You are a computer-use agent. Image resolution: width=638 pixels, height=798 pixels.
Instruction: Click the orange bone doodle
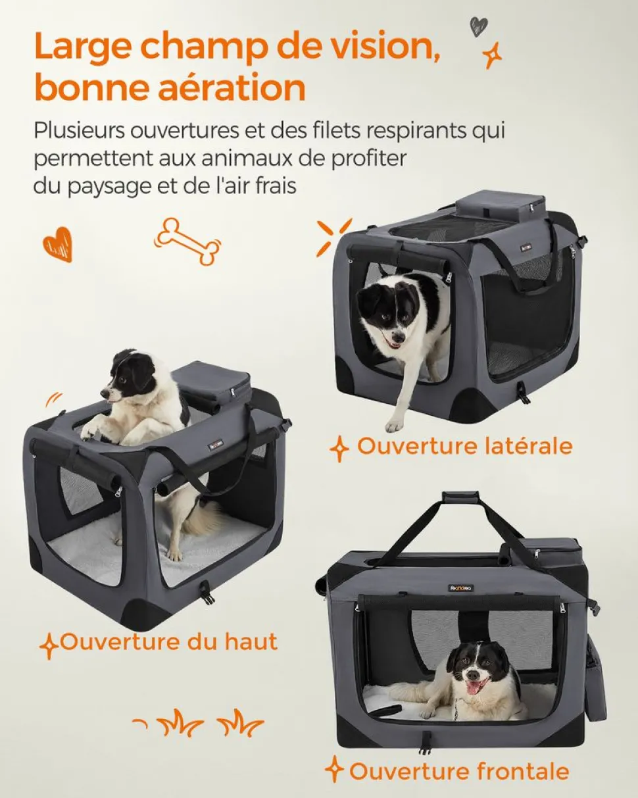click(187, 241)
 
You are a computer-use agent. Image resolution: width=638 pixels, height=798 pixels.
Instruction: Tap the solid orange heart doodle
click(58, 245)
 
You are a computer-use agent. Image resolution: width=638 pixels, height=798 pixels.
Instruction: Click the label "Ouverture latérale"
click(464, 446)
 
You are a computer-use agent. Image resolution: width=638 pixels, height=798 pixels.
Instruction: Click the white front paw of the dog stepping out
click(395, 425)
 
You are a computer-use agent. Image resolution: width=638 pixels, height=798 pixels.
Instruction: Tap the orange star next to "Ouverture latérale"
click(339, 448)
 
